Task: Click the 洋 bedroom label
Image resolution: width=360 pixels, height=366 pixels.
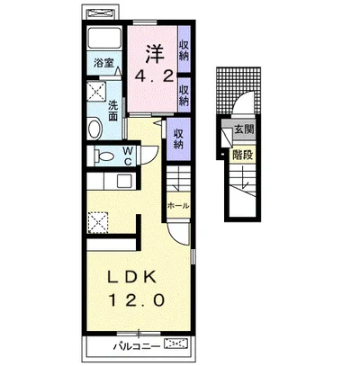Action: click(x=155, y=54)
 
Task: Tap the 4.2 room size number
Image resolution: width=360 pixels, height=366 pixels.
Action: click(x=154, y=77)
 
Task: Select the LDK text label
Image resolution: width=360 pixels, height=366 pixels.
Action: click(x=132, y=278)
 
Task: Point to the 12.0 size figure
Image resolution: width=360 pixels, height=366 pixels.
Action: click(x=137, y=299)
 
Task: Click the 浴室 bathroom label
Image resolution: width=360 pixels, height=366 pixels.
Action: click(x=103, y=63)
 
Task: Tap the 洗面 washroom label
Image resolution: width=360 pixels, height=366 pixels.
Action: click(x=112, y=111)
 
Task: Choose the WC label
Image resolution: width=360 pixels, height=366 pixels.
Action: click(x=128, y=156)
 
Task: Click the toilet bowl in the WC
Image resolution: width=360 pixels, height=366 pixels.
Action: click(x=103, y=156)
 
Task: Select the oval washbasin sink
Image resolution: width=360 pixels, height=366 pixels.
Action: click(x=95, y=129)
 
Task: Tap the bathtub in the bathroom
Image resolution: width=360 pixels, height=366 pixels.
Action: click(x=104, y=38)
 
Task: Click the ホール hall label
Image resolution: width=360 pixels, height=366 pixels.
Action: click(x=178, y=206)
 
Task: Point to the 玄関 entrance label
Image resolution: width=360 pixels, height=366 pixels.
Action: click(x=244, y=129)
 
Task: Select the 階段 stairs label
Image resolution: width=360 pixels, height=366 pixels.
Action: click(x=243, y=156)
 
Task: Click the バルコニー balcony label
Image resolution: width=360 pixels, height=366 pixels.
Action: click(x=137, y=347)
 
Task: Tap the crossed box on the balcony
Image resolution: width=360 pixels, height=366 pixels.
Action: click(x=175, y=344)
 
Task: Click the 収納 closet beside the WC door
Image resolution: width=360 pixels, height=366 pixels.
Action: click(x=178, y=139)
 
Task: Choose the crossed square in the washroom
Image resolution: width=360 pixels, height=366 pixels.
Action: click(x=96, y=92)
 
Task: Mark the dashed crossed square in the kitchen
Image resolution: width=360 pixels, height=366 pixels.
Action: click(x=98, y=222)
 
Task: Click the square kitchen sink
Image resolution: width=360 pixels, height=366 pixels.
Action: click(x=123, y=181)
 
